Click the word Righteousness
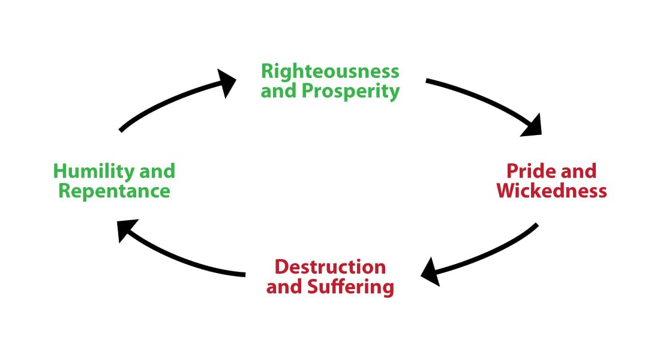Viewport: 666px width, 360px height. pyautogui.click(x=330, y=71)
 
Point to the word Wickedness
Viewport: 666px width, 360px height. pyautogui.click(x=552, y=191)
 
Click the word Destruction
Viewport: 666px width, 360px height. pyautogui.click(x=330, y=266)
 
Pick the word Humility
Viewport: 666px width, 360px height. pyautogui.click(x=94, y=172)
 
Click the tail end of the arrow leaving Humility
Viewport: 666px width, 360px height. pyautogui.click(x=122, y=129)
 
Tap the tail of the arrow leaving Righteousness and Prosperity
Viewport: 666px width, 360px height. pyautogui.click(x=428, y=80)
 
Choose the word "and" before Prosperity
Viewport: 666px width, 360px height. pyautogui.click(x=278, y=91)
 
